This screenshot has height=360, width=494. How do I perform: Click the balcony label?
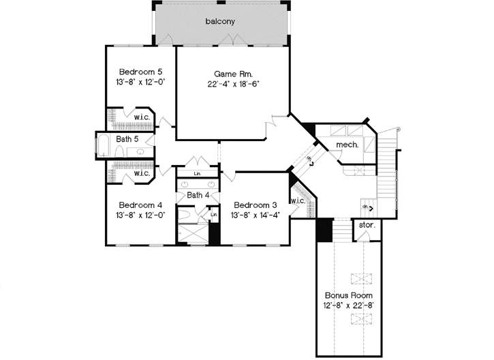coord(220,21)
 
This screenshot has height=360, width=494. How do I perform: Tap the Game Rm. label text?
coord(234,73)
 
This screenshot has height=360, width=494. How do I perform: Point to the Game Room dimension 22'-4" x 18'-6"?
coord(234,84)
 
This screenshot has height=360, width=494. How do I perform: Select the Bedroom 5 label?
coord(140,71)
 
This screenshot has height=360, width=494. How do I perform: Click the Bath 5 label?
coord(127,139)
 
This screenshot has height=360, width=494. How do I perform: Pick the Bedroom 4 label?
coord(140,205)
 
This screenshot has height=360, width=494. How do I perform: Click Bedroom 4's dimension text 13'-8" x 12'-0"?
coord(140,215)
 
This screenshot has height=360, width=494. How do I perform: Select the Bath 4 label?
coord(198,195)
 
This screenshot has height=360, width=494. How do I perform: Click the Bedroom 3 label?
coord(254,205)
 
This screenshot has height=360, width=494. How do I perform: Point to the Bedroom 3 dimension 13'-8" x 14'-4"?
coord(254,215)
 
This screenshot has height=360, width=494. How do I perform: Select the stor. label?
coord(367,224)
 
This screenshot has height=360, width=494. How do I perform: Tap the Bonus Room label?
coord(346,295)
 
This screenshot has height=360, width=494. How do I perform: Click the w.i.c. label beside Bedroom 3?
coord(298,200)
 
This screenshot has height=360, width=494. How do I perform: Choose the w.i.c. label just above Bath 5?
coord(142,117)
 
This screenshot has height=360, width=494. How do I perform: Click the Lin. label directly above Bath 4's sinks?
coord(197,174)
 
